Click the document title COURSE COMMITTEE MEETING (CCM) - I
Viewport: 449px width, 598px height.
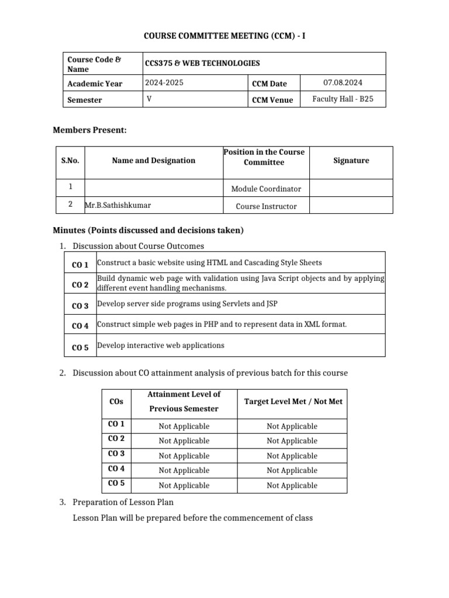pyautogui.click(x=224, y=36)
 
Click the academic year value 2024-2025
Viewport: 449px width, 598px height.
pyautogui.click(x=164, y=83)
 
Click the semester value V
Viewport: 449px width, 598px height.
pyautogui.click(x=149, y=99)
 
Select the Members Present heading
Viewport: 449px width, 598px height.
pyautogui.click(x=89, y=130)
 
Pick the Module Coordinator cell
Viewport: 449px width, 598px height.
pyautogui.click(x=266, y=189)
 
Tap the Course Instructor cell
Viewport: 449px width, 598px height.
pyautogui.click(x=266, y=206)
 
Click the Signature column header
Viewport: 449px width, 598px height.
pyautogui.click(x=351, y=161)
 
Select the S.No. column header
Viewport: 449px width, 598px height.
pyautogui.click(x=70, y=161)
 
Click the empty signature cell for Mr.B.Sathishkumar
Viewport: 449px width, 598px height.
pyautogui.click(x=351, y=206)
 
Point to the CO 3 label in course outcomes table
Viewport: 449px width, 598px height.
pyautogui.click(x=80, y=305)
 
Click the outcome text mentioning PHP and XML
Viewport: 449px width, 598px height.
pyautogui.click(x=222, y=324)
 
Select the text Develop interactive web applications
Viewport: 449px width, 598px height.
pyautogui.click(x=161, y=345)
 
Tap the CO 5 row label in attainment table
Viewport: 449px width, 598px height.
pyautogui.click(x=116, y=484)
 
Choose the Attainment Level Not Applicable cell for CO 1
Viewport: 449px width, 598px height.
pyautogui.click(x=184, y=426)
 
